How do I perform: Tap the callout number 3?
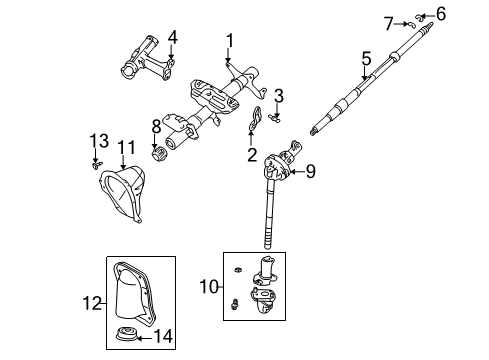coord(280,96)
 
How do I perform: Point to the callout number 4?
coord(172,38)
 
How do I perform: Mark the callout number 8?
coord(156,126)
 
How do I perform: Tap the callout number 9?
coord(310,171)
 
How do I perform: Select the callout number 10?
coord(208,288)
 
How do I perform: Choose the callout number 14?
coord(167,336)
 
